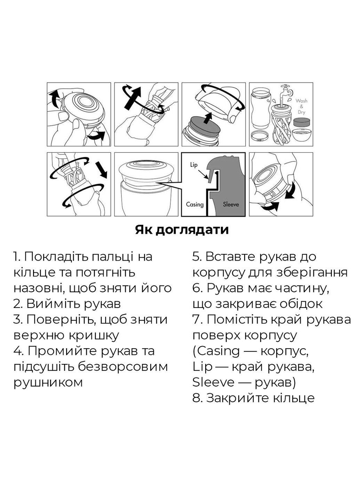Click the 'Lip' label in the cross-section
click(x=194, y=164)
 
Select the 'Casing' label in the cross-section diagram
click(x=195, y=204)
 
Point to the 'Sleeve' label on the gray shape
click(x=231, y=204)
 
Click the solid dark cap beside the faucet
click(x=302, y=122)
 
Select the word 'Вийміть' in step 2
click(x=51, y=304)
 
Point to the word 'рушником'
click(x=48, y=382)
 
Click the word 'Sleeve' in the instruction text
click(x=213, y=382)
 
